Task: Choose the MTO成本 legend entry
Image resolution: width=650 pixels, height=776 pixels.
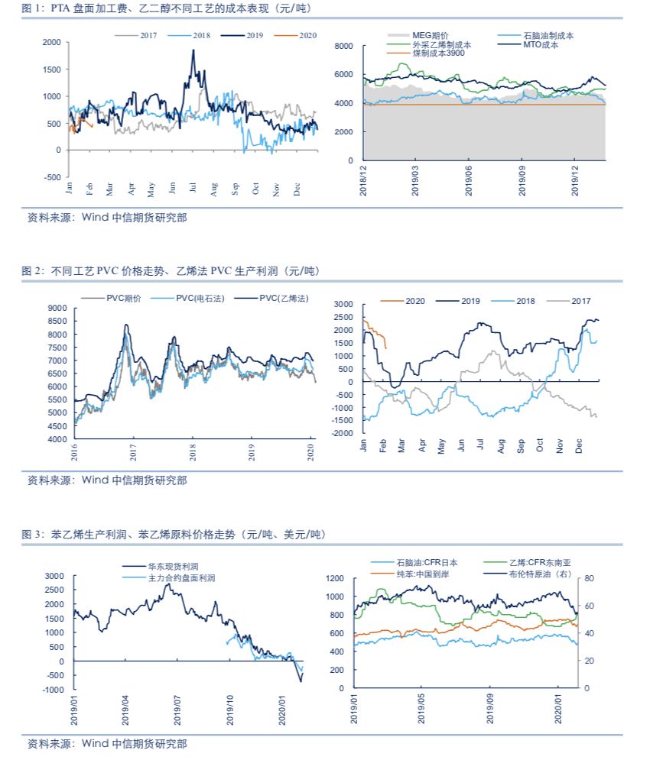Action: pyautogui.click(x=541, y=44)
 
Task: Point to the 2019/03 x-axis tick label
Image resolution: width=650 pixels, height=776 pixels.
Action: pyautogui.click(x=416, y=181)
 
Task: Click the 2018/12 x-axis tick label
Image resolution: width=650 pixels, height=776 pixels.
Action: pyautogui.click(x=364, y=181)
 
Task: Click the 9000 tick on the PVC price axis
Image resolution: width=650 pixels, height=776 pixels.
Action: pyautogui.click(x=57, y=307)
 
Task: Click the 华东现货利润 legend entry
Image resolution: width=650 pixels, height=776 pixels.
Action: pyautogui.click(x=172, y=567)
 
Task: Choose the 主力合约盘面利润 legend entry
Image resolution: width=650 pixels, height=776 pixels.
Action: pyautogui.click(x=180, y=578)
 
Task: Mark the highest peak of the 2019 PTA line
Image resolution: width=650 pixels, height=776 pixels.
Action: pyautogui.click(x=193, y=50)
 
